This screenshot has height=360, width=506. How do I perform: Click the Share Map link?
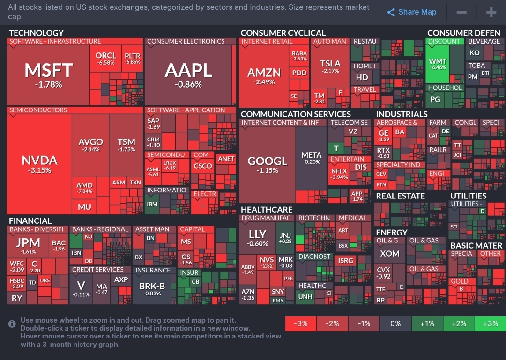[412, 12]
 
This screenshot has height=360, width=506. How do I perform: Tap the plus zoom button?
[491, 12]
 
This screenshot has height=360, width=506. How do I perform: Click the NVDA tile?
[39, 164]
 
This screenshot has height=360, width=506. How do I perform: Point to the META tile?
[311, 158]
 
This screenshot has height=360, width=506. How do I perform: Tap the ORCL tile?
[105, 59]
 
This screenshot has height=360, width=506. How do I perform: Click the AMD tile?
[84, 187]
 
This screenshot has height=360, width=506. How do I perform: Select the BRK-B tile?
[152, 288]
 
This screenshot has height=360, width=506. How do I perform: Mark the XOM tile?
[389, 254]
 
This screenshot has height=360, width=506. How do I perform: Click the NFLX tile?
[339, 174]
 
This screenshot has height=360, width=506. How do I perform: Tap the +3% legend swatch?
[490, 323]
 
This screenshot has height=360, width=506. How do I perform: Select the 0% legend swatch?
[395, 323]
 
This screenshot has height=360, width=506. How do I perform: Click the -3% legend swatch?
[300, 323]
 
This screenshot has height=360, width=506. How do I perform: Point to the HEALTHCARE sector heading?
[267, 210]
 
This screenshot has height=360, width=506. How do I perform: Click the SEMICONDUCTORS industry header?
[38, 110]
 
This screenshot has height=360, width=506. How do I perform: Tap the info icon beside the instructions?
[12, 323]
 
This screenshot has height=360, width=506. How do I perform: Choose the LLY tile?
[258, 236]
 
